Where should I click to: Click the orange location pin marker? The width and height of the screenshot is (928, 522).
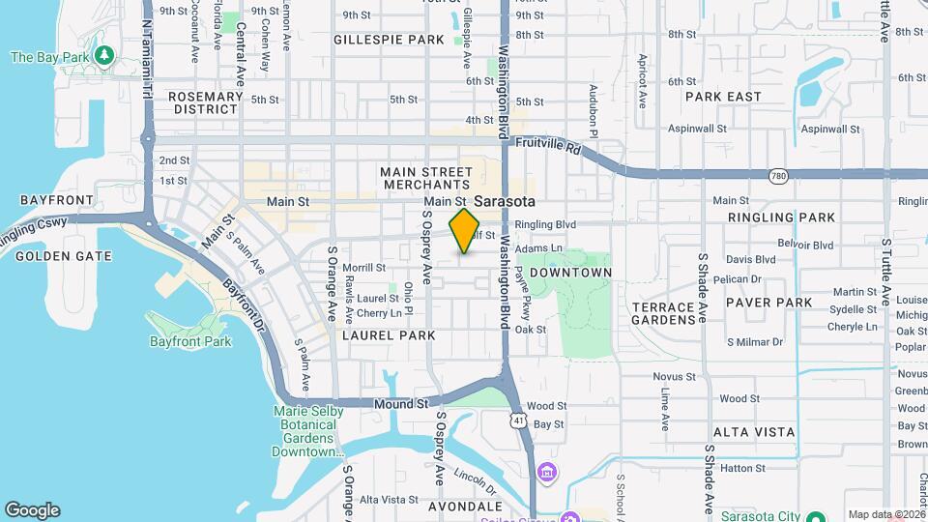point(465,230)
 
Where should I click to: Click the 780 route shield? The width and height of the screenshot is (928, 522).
point(777,175)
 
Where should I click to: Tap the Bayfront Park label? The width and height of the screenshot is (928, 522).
point(190,341)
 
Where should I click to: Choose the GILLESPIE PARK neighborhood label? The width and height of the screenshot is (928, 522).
point(389,40)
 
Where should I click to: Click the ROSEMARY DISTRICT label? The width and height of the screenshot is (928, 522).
point(205,102)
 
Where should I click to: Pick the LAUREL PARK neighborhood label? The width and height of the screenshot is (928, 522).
point(389,334)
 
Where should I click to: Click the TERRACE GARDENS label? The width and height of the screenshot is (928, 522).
point(663,313)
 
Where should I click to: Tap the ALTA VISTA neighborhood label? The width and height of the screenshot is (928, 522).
point(754,432)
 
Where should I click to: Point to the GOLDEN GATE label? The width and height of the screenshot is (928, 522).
point(63,256)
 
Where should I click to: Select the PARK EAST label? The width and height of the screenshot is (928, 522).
point(723,97)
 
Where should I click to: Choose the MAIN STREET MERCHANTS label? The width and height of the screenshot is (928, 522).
point(424,178)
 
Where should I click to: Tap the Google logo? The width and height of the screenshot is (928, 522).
point(32,510)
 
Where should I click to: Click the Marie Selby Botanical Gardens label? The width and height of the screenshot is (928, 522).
point(308,430)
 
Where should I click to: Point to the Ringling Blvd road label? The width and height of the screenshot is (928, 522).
point(545,224)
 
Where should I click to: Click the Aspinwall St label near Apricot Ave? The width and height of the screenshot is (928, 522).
point(697,129)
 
